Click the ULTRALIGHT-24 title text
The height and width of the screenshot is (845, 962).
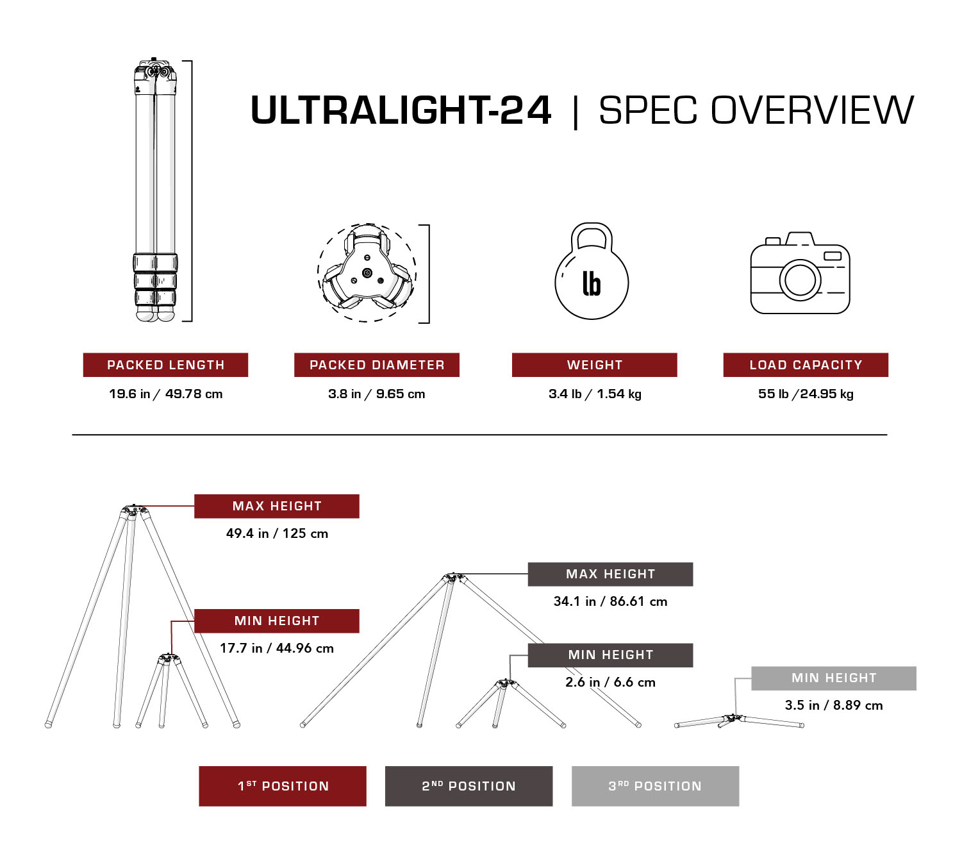(x=401, y=110)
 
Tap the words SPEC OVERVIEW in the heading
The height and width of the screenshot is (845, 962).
(x=756, y=110)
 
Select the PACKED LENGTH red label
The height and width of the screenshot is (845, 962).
(x=165, y=365)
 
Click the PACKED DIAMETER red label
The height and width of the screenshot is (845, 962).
(x=377, y=365)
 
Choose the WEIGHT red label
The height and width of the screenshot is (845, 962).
(x=594, y=365)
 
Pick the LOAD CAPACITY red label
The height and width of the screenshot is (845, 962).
(x=806, y=365)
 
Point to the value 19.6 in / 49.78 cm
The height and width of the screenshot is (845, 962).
(x=165, y=394)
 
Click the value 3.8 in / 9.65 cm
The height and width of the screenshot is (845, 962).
(x=377, y=394)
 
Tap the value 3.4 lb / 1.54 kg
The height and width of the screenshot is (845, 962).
(x=595, y=394)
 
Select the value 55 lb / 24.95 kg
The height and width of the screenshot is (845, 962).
(x=806, y=394)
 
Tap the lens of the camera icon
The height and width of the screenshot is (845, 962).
(x=800, y=280)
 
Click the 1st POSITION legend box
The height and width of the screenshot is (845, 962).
(x=283, y=786)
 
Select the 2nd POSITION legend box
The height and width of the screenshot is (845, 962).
(x=469, y=786)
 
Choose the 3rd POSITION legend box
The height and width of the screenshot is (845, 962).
(x=655, y=786)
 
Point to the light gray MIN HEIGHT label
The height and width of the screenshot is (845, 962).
(x=834, y=678)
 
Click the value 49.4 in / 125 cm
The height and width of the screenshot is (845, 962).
(x=277, y=533)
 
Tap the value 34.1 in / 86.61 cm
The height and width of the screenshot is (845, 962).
(x=610, y=601)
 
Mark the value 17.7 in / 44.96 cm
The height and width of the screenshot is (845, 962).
(x=277, y=648)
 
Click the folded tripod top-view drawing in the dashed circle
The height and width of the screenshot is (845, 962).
(x=367, y=273)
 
